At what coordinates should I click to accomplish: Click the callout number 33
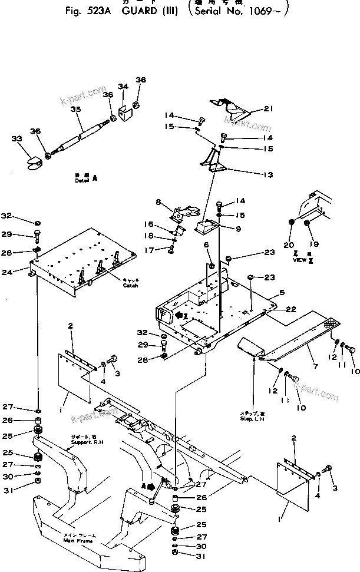click(16, 140)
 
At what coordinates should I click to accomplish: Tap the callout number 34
click(123, 87)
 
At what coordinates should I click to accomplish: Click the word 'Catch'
click(130, 286)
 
